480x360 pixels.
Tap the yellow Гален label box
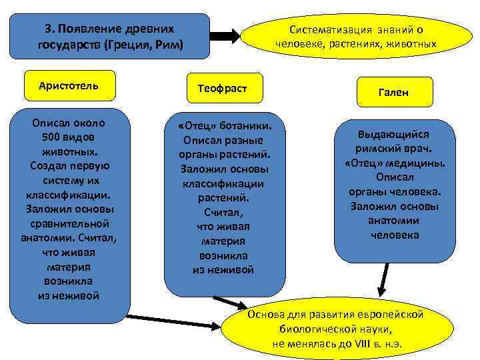coord(395,93)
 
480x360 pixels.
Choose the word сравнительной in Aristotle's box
coord(69,223)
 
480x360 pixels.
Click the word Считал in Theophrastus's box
coord(223,213)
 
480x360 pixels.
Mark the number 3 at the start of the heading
coord(47,30)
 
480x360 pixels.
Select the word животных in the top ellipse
coord(413,45)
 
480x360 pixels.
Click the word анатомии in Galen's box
coord(395,221)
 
